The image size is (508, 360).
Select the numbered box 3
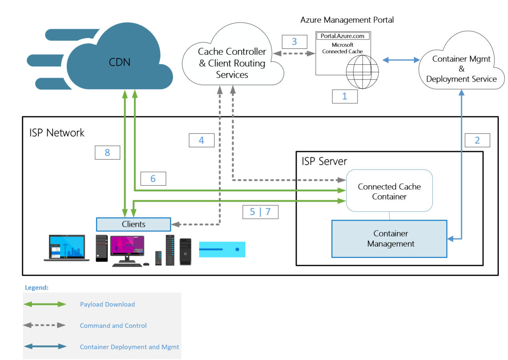click(294, 42)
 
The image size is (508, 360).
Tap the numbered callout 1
click(345, 96)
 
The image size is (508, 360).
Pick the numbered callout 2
click(477, 140)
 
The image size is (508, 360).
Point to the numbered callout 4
click(201, 140)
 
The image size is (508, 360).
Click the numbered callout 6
click(153, 178)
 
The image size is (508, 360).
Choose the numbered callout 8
click(107, 152)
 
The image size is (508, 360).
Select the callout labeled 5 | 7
click(260, 212)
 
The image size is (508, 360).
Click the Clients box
click(134, 224)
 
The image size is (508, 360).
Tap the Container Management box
click(389, 238)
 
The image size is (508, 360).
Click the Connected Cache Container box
click(389, 192)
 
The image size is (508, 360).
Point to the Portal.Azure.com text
click(343, 36)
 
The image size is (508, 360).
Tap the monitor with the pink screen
click(127, 247)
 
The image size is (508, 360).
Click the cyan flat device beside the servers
click(222, 249)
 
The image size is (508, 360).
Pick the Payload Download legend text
click(107, 304)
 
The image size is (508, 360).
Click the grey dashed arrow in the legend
click(44, 326)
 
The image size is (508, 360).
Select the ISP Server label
click(324, 161)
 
